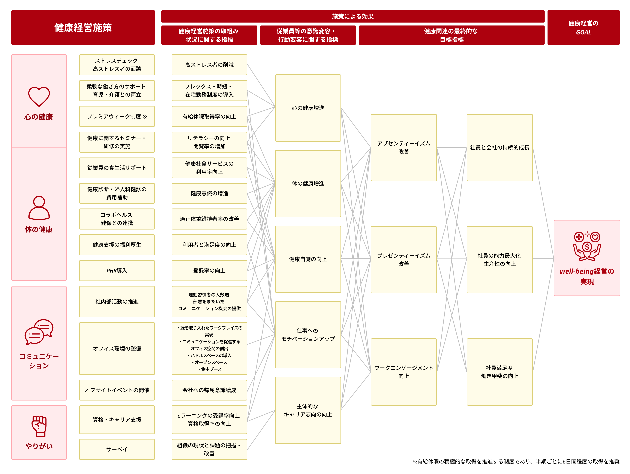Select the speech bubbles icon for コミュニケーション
pos(39,332)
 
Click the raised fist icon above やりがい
pos(39,426)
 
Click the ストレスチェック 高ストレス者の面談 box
pos(117,65)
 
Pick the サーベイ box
pos(117,449)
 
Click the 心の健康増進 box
pos(308,108)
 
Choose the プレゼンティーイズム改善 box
pos(404,259)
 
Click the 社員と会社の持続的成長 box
pos(499,148)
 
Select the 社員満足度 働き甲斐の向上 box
pos(499,372)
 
